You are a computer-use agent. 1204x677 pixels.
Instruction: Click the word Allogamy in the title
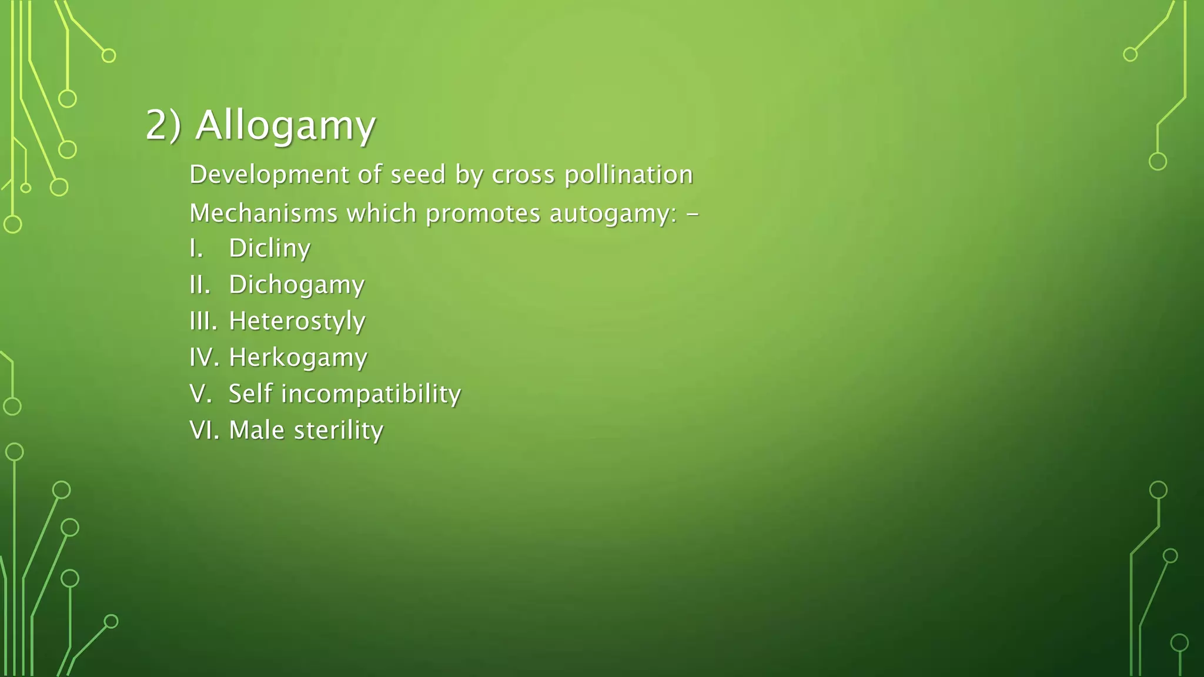click(x=285, y=126)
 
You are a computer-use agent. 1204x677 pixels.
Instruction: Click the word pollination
click(x=628, y=175)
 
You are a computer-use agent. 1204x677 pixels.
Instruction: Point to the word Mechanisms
click(x=263, y=213)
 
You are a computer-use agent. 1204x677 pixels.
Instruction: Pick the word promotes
click(x=483, y=214)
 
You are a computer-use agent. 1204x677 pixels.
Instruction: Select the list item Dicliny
click(x=269, y=249)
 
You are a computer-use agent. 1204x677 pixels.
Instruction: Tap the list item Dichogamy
click(x=296, y=285)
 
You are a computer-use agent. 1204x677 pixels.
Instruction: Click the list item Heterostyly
click(x=297, y=321)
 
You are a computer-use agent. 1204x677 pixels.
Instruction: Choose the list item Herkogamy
click(x=298, y=358)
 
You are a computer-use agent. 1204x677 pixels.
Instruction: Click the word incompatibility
click(x=371, y=394)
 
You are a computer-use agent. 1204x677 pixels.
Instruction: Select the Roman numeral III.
click(x=203, y=321)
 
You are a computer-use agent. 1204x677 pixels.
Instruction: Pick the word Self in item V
click(x=250, y=394)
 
